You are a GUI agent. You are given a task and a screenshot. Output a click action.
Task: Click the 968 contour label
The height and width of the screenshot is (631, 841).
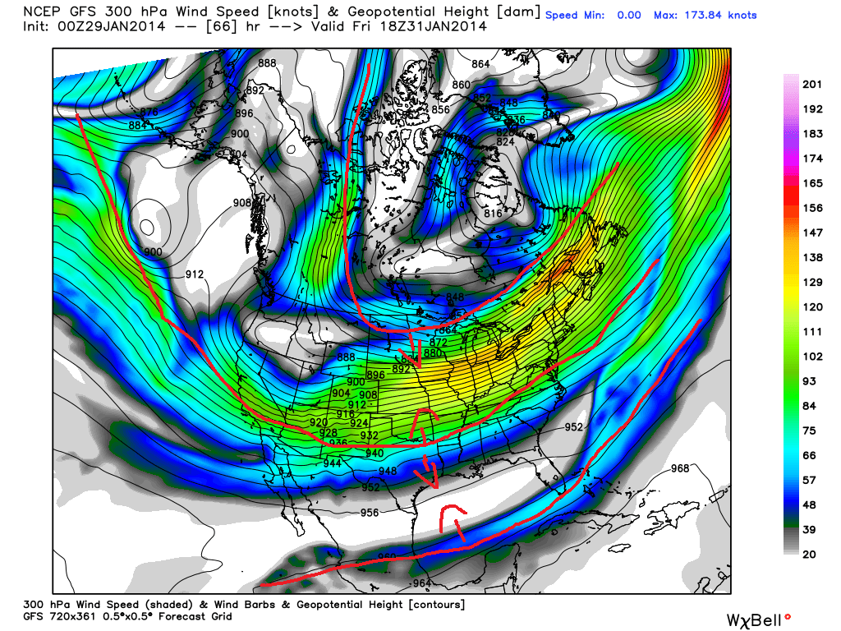click(681, 468)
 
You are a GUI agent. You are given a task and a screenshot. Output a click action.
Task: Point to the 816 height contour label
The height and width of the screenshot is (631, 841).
click(493, 214)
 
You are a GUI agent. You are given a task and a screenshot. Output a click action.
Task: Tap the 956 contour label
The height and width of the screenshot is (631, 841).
click(370, 513)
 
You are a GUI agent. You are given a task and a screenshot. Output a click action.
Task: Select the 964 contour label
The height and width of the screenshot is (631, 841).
click(421, 583)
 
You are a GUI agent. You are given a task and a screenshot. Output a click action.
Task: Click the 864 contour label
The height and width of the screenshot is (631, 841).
click(481, 64)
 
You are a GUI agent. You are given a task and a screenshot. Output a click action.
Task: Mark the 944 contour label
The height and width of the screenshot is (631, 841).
click(332, 463)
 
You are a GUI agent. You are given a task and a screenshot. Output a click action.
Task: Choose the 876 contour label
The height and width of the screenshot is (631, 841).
click(149, 113)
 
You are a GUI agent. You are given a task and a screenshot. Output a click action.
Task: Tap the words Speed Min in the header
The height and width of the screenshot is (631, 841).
click(575, 16)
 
